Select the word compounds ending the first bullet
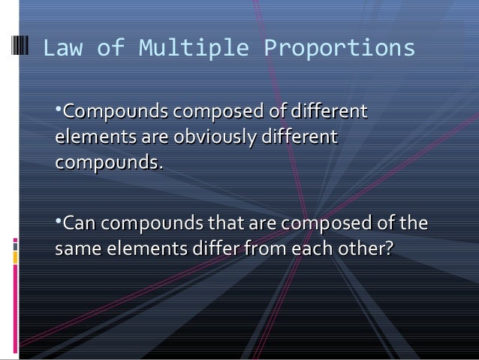click(x=107, y=162)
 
